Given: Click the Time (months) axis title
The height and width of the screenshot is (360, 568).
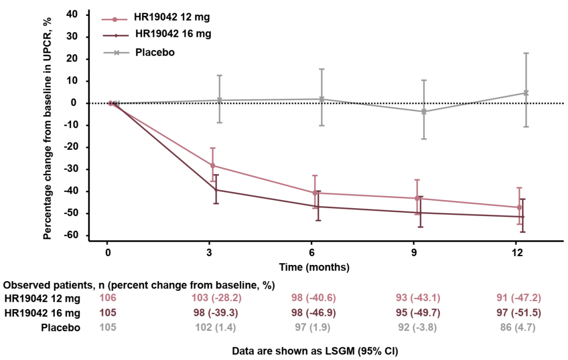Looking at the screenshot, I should tap(314, 267).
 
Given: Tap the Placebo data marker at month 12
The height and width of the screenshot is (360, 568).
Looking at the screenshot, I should tap(525, 93).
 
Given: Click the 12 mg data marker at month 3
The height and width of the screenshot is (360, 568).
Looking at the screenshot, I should tap(212, 166).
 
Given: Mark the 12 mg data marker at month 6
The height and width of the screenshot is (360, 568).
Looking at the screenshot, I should tap(315, 193).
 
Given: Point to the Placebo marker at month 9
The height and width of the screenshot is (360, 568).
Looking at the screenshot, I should tap(423, 111).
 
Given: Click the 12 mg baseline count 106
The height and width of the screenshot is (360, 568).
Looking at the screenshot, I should tap(108, 299).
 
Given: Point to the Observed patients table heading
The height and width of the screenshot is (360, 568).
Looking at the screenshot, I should tap(140, 285).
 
